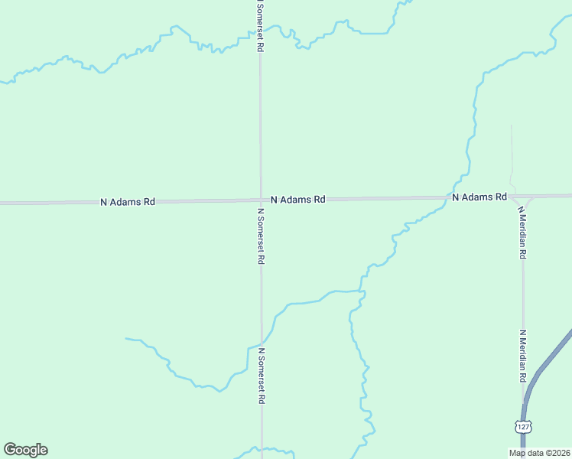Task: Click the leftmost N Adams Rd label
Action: [x=128, y=202]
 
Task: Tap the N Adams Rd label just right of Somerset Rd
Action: [x=298, y=199]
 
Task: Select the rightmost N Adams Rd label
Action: [x=479, y=197]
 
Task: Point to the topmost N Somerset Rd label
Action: [x=260, y=27]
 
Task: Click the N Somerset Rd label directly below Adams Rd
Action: [x=261, y=236]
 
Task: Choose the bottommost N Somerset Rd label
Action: [x=262, y=376]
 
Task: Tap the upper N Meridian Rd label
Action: [x=522, y=232]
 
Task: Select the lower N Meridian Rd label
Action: [x=523, y=356]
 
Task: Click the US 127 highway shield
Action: [x=522, y=426]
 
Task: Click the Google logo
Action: [x=25, y=450]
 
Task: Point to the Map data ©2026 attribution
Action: [x=540, y=453]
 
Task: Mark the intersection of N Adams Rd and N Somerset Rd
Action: [x=260, y=200]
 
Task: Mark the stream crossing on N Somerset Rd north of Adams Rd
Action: [x=260, y=34]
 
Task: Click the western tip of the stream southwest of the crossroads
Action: [x=126, y=338]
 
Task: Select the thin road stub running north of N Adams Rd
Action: [x=511, y=153]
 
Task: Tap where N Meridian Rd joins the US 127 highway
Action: [x=524, y=401]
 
